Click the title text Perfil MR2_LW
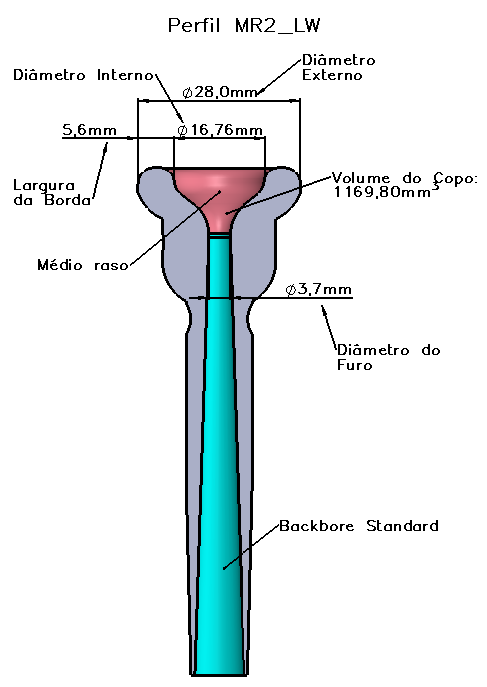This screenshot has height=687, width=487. pos(243,25)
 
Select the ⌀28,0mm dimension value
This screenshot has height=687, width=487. pos(220,92)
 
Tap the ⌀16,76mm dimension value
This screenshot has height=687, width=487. pos(220,130)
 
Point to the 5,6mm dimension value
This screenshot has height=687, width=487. pos(90,130)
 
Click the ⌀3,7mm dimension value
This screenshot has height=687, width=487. pos(318,289)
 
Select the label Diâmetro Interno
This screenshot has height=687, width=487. pos(83,75)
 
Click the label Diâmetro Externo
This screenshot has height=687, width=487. pos(338,67)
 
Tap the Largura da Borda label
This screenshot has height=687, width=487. pos(52,193)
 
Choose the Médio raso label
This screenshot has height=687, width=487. pos(83,265)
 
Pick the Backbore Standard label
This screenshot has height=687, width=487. pos(359,525)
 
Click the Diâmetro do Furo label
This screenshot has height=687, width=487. pos(389,358)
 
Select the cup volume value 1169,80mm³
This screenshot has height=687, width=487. pos(386,191)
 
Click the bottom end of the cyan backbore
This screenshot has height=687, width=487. pos(220,673)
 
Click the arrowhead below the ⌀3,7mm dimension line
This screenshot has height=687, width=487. pos(324,309)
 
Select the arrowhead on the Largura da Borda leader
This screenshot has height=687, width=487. pos(105,147)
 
